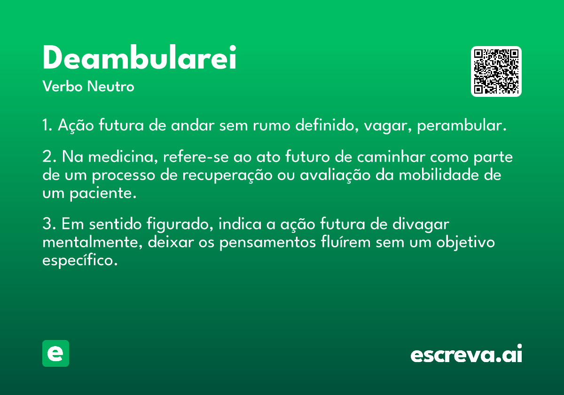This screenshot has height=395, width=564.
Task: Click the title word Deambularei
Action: (139, 58)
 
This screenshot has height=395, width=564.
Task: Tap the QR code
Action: (496, 71)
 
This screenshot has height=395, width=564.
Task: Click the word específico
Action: (79, 260)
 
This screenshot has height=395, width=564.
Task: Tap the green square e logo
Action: (55, 353)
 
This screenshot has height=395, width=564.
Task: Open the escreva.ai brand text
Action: (466, 354)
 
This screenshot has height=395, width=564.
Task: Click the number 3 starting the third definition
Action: (47, 224)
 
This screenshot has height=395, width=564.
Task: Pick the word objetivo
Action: (466, 242)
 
